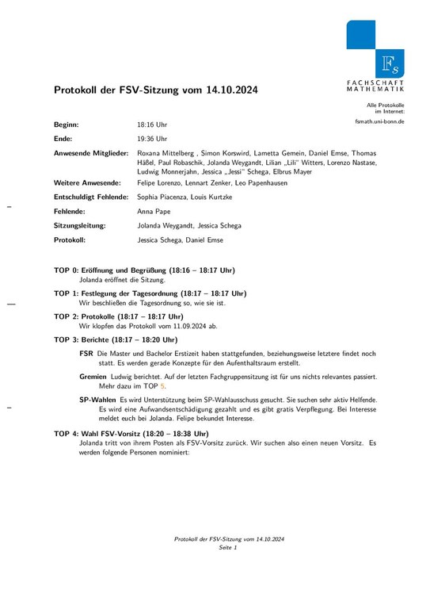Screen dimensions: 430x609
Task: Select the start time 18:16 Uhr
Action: [x=152, y=125]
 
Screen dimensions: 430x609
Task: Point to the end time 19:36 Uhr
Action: [x=152, y=139]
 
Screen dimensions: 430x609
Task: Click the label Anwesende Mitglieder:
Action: [x=90, y=152]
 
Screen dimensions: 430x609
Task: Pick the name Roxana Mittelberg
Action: [x=166, y=152]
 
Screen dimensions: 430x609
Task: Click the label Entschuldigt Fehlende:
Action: [x=90, y=197]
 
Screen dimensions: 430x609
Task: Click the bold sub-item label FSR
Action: [x=86, y=353]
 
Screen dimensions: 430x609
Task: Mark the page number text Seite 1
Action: [x=228, y=547]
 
